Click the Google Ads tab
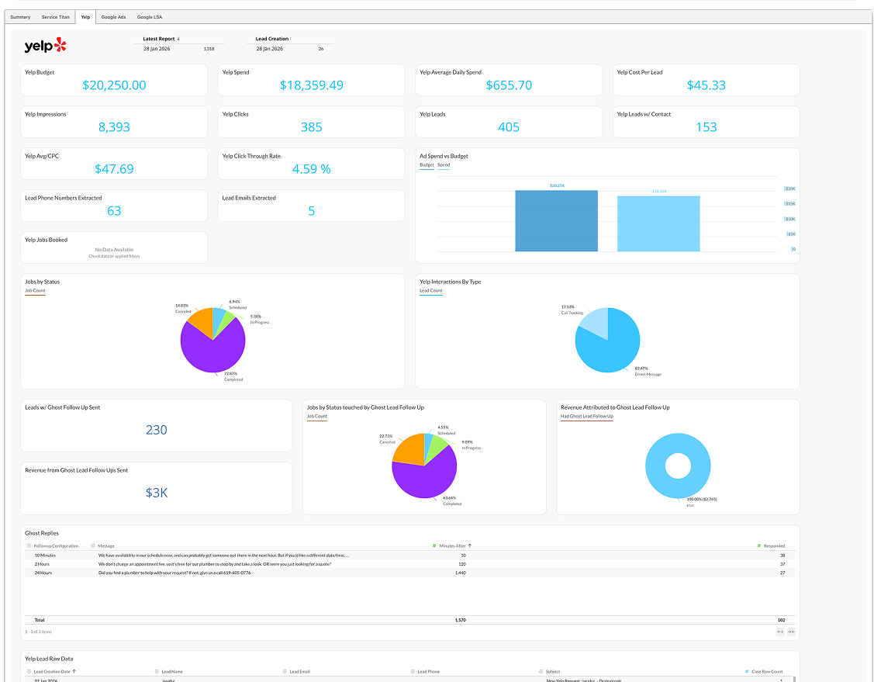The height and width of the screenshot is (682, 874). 113,16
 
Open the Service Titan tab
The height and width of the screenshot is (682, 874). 55,16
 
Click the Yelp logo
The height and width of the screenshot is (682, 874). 46,46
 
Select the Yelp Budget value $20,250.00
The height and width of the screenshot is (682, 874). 114,85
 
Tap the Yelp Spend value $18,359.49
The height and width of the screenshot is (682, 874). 311,85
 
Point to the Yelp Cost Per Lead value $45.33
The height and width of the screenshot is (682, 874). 706,85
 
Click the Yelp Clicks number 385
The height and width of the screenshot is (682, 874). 311,127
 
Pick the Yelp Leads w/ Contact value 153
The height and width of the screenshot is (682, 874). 706,127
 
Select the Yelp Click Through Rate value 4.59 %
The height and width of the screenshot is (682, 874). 311,169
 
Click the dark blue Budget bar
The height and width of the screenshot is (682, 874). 556,221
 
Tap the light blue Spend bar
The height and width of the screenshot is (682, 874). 658,224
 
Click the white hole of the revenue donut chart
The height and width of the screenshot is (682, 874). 678,466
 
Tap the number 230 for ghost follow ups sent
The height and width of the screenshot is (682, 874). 156,430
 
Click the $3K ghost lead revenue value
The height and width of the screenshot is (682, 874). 156,493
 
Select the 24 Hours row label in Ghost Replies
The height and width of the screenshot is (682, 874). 43,573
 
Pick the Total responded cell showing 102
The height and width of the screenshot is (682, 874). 781,620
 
